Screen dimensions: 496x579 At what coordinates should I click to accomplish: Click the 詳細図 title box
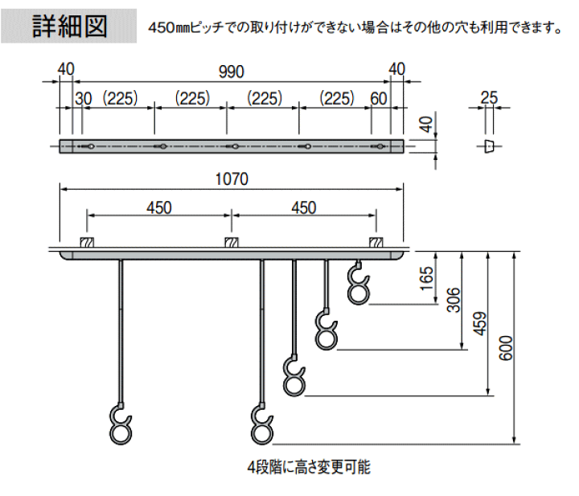(x=69, y=26)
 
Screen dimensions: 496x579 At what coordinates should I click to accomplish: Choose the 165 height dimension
(x=427, y=278)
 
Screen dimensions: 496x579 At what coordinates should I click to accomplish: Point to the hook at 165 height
(x=358, y=285)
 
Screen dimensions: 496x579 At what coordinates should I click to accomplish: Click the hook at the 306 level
(x=326, y=330)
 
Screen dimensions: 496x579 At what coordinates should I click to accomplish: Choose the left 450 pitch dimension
(x=159, y=207)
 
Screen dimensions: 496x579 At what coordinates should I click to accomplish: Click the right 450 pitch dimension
(x=303, y=207)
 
